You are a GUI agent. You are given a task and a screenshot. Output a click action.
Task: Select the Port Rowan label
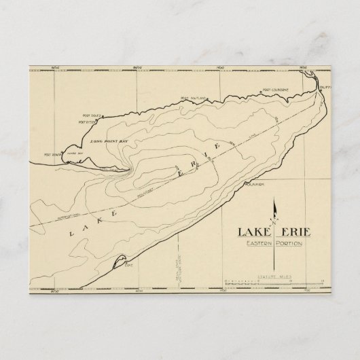pos(52,155)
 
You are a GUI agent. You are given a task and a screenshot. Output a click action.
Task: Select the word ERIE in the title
pos(295,232)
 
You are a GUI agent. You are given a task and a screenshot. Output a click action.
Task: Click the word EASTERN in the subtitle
pos(257,244)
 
